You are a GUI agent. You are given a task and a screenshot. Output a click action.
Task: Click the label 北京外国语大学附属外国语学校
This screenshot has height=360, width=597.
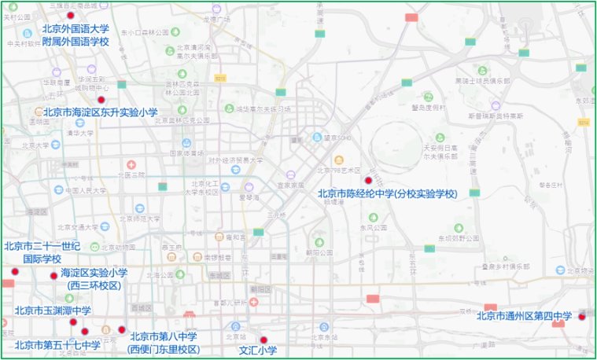click(x=76, y=35)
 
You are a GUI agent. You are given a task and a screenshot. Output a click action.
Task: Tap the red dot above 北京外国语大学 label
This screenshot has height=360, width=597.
click(x=71, y=16)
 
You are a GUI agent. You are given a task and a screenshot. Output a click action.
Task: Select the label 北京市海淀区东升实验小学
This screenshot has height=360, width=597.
click(x=100, y=112)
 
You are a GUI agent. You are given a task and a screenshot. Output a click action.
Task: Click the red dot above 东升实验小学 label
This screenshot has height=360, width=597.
click(x=101, y=99)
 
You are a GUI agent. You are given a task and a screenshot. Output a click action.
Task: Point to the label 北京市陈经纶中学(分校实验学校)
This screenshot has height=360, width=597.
click(x=386, y=193)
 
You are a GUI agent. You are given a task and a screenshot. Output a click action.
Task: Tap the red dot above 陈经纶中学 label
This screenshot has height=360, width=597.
click(x=368, y=181)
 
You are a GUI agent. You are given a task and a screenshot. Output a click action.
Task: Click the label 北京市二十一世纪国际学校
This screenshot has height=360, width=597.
click(x=42, y=252)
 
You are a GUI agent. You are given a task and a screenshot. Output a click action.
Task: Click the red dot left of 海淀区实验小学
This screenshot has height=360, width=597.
click(x=53, y=276)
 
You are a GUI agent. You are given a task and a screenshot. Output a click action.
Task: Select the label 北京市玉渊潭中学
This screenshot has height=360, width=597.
click(x=53, y=310)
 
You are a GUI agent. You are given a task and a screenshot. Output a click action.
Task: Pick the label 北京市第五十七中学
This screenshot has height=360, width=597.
click(x=57, y=344)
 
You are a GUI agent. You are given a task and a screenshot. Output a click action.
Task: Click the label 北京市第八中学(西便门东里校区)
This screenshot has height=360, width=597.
click(x=164, y=343)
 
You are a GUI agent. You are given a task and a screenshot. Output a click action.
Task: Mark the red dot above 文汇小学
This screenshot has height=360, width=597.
click(x=263, y=340)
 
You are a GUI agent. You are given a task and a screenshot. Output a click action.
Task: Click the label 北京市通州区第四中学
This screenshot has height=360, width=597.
click(x=524, y=317)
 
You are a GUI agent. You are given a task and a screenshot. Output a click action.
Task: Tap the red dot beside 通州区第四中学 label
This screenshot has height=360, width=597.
click(x=581, y=317)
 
